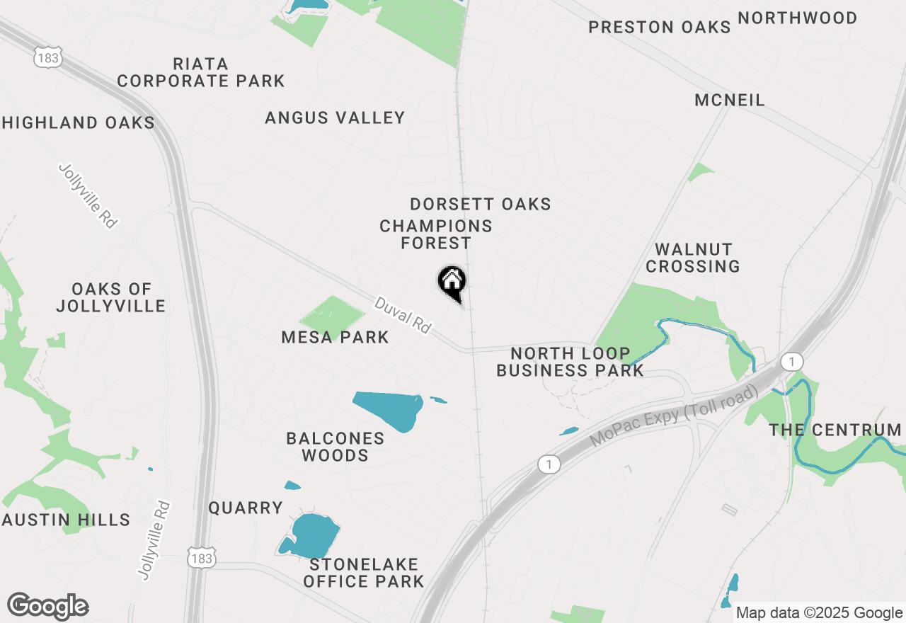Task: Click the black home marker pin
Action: point(452,282)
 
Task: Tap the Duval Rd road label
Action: point(402,315)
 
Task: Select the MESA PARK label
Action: point(335,337)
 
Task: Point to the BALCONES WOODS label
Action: point(336,447)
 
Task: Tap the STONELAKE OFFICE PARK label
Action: point(364,573)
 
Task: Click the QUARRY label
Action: point(246,508)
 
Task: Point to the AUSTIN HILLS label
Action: point(67,520)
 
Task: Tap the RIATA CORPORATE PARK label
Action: point(201,72)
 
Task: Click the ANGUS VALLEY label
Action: point(335,118)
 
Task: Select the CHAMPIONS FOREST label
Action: point(436,234)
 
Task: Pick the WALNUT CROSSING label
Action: point(693,258)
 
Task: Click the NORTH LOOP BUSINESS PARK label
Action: point(570,362)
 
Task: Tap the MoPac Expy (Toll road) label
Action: point(673,416)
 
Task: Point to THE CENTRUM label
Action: point(835,430)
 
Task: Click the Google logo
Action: point(47,606)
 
